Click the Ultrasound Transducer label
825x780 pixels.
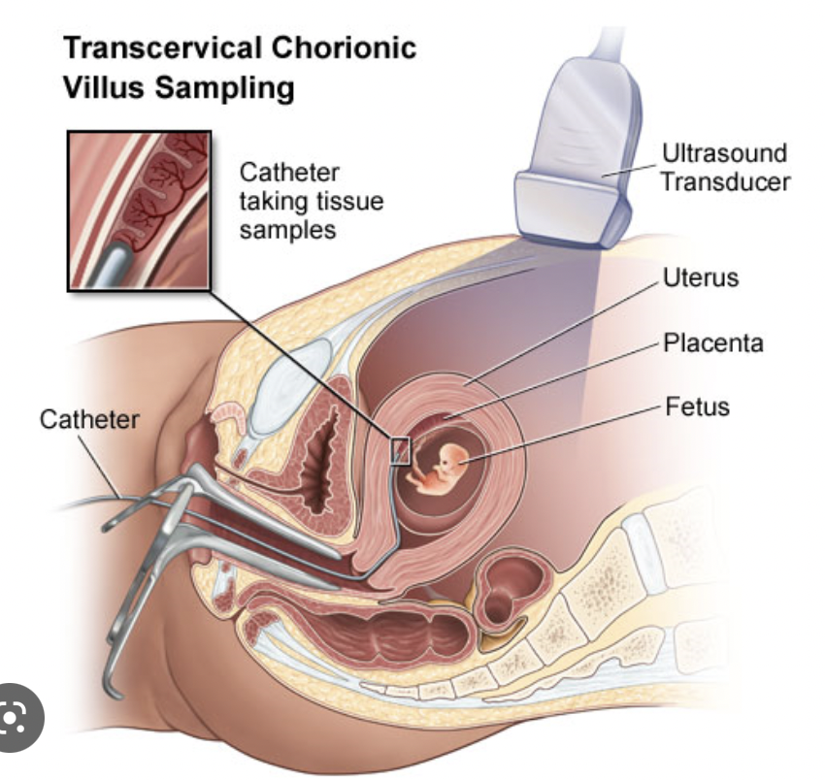coord(723,166)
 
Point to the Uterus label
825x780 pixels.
coord(700,278)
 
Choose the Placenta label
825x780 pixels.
coord(713,342)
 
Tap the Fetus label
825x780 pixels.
coord(697,405)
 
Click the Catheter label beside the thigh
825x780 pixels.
coord(89,421)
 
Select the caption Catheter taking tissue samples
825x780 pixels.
coord(311,202)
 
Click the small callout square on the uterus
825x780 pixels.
coord(400,450)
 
